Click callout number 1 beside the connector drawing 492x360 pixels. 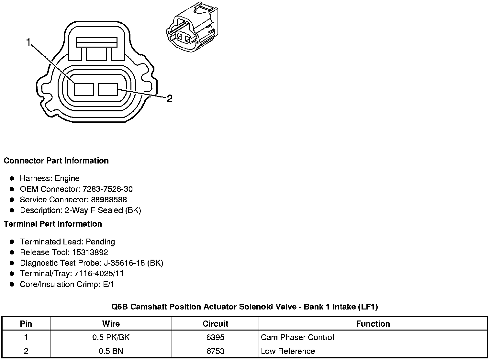pos(28,42)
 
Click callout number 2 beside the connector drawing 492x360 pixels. pos(169,99)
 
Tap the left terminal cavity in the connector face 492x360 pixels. pos(84,89)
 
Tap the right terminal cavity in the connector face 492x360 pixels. pos(108,89)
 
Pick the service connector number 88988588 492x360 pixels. pos(109,200)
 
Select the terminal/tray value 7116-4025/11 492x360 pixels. pos(99,274)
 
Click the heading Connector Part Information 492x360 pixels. pos(56,161)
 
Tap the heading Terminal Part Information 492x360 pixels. pos(53,224)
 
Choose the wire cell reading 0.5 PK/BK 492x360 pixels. pos(111,338)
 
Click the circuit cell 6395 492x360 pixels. pos(215,338)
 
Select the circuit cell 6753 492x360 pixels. pos(215,351)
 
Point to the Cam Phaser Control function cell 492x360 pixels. pos(297,338)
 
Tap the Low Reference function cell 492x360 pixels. pos(288,351)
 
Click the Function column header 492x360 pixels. pos(373,324)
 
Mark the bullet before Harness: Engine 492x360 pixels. pos(12,179)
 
